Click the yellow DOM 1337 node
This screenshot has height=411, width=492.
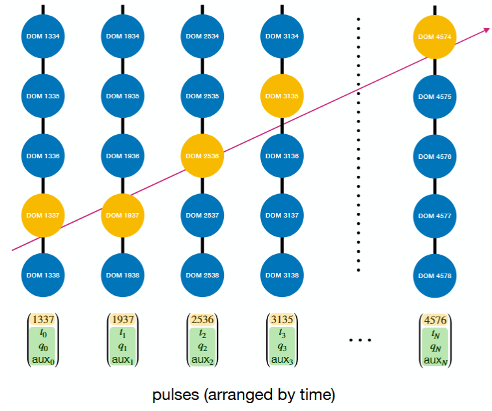[43, 216]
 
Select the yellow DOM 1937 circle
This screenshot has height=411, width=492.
[123, 216]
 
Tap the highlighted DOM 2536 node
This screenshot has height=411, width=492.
[202, 156]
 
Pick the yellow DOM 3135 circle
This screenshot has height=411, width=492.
[282, 96]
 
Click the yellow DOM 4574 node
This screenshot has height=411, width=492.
[435, 37]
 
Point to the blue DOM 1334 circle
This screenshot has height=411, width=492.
[43, 36]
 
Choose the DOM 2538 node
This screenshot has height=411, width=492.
[202, 275]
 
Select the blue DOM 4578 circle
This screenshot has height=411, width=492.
[435, 276]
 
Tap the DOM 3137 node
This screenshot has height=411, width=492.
[282, 216]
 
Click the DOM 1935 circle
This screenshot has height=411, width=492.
[123, 96]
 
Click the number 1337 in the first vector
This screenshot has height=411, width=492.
[44, 320]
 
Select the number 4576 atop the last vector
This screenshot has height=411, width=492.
[435, 320]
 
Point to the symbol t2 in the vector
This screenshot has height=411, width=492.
[202, 333]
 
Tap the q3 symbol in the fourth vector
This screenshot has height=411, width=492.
[282, 347]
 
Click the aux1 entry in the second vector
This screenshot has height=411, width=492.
[123, 360]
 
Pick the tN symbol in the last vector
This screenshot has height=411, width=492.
[436, 334]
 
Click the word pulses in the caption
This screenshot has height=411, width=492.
[176, 395]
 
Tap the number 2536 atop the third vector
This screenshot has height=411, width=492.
[202, 320]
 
